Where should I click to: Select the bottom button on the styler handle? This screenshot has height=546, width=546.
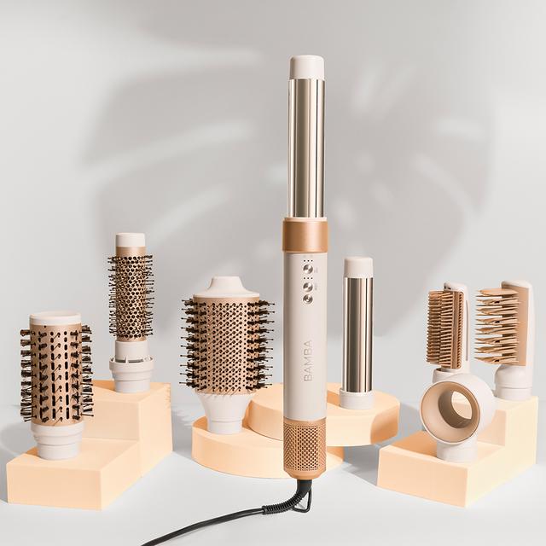(x=308, y=298)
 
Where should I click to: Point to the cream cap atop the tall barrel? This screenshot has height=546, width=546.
(x=306, y=67)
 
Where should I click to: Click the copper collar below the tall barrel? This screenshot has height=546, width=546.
(x=305, y=235)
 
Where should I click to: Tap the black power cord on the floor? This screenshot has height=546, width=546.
(x=213, y=522)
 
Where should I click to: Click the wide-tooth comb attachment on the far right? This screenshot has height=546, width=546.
(x=503, y=325)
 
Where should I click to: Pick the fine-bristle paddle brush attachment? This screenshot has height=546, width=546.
(x=445, y=328)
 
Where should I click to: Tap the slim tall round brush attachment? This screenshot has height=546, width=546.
(x=131, y=294)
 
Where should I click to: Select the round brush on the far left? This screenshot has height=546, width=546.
(x=55, y=371)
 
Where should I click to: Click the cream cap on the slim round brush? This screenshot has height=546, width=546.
(x=131, y=241)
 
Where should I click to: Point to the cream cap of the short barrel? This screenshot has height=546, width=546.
(x=358, y=267)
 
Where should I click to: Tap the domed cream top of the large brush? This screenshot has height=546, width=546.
(x=226, y=288)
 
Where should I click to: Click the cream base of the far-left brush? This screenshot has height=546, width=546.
(x=58, y=439)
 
